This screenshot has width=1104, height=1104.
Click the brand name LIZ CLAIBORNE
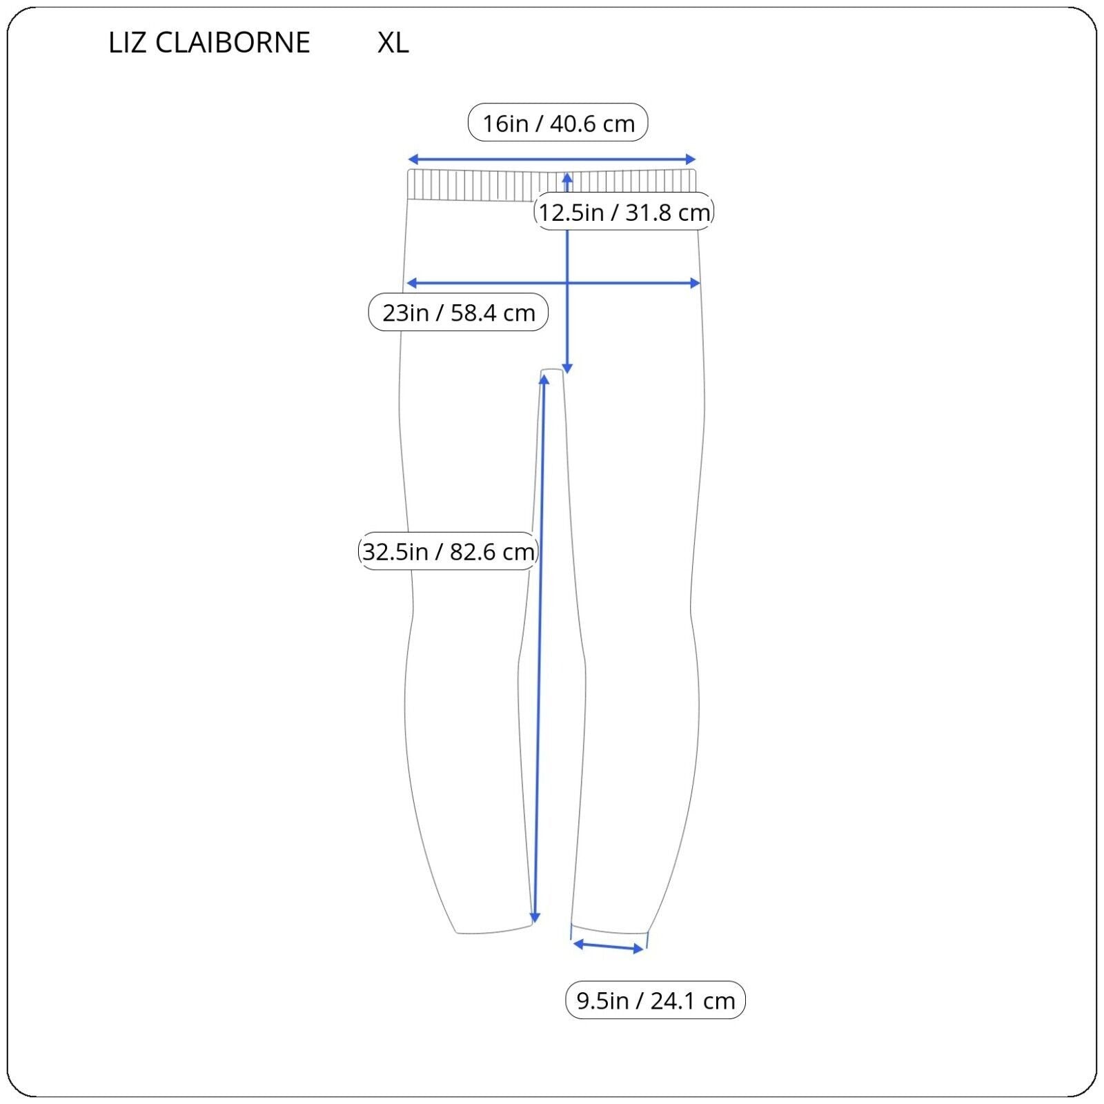point(209,43)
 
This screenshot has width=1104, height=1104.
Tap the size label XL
point(393,43)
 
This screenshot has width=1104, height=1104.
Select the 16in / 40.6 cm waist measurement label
point(558,123)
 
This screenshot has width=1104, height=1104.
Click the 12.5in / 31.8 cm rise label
point(624,212)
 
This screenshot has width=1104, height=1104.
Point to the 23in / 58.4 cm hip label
point(459,313)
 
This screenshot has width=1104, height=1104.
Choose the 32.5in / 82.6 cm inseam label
point(448,551)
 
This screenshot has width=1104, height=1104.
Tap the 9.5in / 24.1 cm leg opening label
point(655,1000)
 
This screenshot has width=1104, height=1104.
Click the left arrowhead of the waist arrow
point(412,159)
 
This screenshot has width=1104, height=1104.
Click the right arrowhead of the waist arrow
point(691,159)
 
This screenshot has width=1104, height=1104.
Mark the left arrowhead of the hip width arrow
point(411,283)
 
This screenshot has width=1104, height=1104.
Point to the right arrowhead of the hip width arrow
point(696,283)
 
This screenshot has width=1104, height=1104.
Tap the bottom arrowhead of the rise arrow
point(567,369)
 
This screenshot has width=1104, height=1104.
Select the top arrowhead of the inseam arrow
point(544,379)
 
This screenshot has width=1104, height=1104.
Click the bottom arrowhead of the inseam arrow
point(535,918)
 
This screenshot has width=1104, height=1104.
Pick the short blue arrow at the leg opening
point(609,946)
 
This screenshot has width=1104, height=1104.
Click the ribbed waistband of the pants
point(552,185)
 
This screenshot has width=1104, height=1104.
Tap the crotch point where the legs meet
point(552,371)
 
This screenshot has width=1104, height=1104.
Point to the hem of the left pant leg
point(495,929)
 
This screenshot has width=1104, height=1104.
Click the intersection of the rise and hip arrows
point(567,283)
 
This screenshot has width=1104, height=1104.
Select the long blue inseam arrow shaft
point(539,649)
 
